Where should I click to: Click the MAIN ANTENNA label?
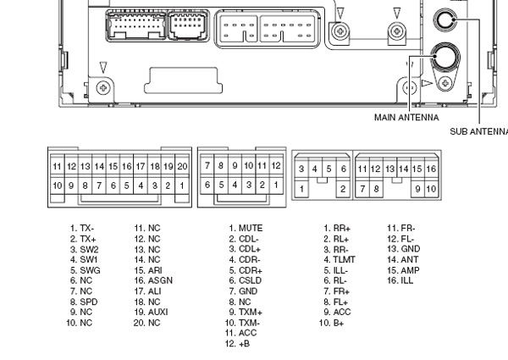click(x=408, y=118)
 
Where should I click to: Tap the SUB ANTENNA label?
click(x=480, y=131)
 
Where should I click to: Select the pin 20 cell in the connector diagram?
click(x=182, y=166)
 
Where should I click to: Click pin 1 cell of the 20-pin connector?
click(x=182, y=185)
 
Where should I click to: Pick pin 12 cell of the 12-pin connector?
click(x=274, y=166)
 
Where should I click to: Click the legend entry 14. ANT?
click(x=403, y=259)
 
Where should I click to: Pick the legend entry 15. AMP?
click(x=404, y=270)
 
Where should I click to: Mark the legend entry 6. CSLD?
click(x=246, y=280)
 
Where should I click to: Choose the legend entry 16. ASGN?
click(x=152, y=280)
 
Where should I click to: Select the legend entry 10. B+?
click(x=334, y=322)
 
